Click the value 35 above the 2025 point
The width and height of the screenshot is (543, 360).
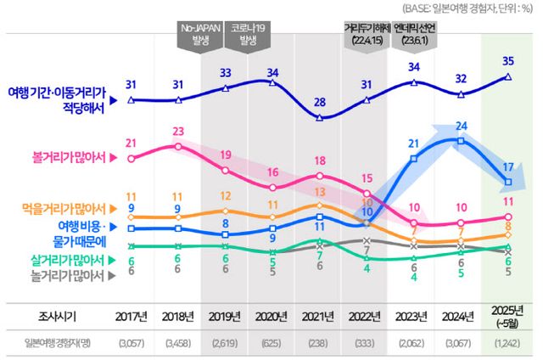tap(507, 61)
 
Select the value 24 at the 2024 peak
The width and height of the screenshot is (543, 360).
tap(461, 126)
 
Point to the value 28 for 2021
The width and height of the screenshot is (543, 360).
tap(319, 102)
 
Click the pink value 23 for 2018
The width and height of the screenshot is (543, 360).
tap(177, 131)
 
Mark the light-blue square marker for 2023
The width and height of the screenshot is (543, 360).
tap(413, 159)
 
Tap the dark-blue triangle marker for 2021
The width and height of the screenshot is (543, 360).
tap(319, 117)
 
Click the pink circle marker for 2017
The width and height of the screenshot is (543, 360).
tap(130, 158)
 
